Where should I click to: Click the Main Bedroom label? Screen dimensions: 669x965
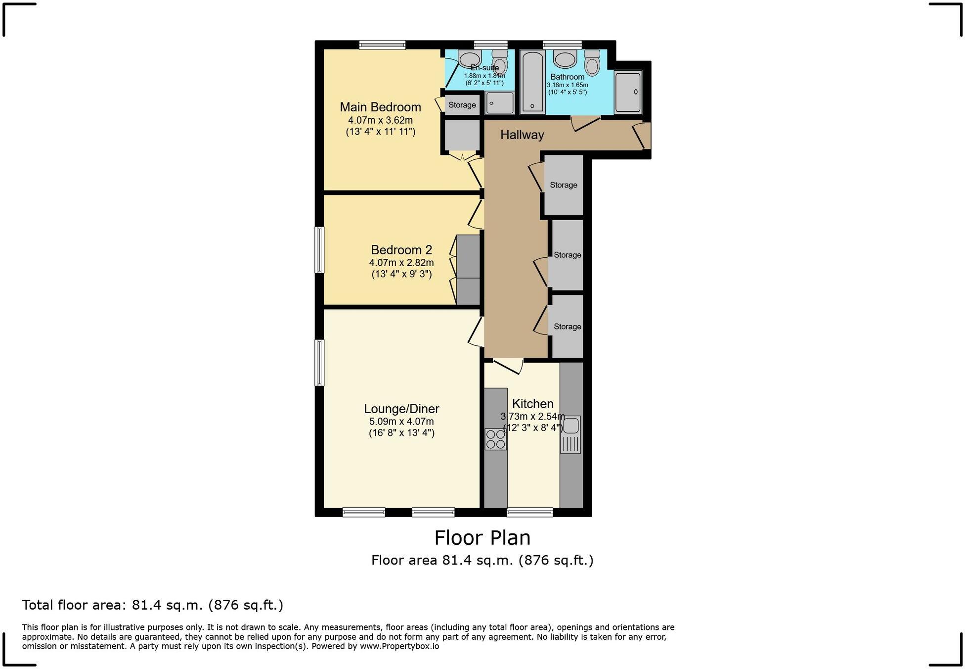[x=380, y=107]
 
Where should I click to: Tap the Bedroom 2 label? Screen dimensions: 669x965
[x=401, y=249]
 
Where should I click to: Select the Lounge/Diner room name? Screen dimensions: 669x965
[x=401, y=409]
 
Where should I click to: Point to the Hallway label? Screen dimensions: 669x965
[x=522, y=135]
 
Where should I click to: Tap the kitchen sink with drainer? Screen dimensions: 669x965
[x=570, y=434]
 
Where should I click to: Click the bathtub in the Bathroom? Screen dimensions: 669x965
[x=533, y=82]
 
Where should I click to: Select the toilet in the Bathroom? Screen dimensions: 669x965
[x=592, y=62]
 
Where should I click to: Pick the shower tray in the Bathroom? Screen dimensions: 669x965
[x=628, y=92]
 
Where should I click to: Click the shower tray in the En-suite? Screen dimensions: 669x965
[x=499, y=103]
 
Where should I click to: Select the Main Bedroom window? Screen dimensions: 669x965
[x=382, y=45]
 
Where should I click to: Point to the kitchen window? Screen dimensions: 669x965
[x=529, y=513]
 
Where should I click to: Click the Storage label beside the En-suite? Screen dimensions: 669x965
[x=462, y=105]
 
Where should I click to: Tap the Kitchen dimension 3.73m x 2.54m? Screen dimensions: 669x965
[x=532, y=416]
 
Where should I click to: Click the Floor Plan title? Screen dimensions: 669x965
[x=482, y=537]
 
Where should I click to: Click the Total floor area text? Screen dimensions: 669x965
[x=152, y=605]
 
